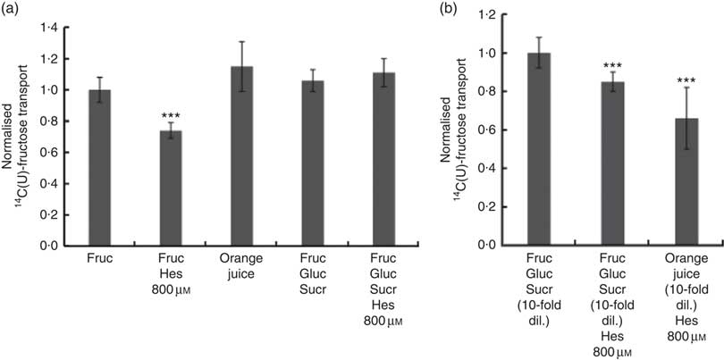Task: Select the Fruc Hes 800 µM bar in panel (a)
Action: [172, 188]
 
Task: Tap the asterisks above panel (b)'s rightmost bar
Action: [686, 81]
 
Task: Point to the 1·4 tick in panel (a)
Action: [70, 29]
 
